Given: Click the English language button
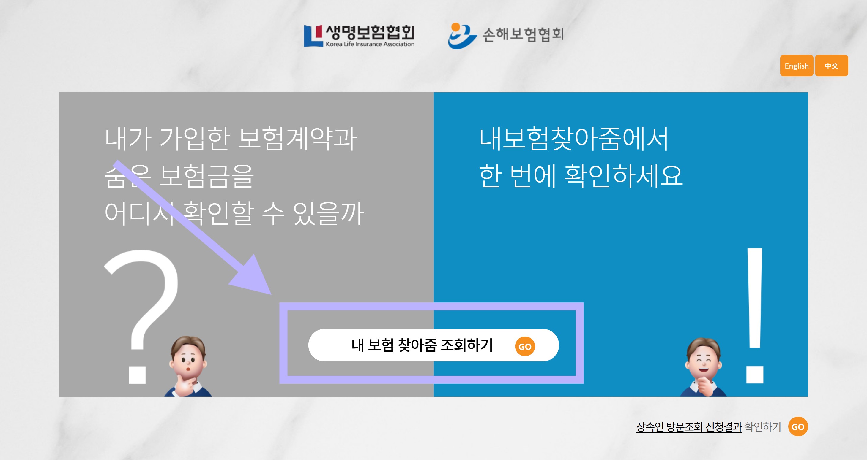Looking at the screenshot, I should coord(796,66).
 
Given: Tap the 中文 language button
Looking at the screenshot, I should coord(831,66).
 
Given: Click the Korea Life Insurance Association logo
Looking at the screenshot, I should coord(359,36).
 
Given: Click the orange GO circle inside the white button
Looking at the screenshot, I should coord(525,346).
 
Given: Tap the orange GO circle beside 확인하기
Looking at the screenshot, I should coord(798,426).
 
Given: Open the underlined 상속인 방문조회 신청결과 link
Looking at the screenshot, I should coord(688,427).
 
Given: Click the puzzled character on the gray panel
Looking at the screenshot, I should coord(188,367).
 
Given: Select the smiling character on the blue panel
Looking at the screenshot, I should coord(703,367).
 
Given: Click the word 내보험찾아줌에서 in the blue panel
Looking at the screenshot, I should coord(573,139).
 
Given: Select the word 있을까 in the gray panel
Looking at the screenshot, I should coord(328,213).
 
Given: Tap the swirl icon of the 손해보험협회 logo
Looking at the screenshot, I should coord(461,36).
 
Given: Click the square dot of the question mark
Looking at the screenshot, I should coord(137,375).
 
